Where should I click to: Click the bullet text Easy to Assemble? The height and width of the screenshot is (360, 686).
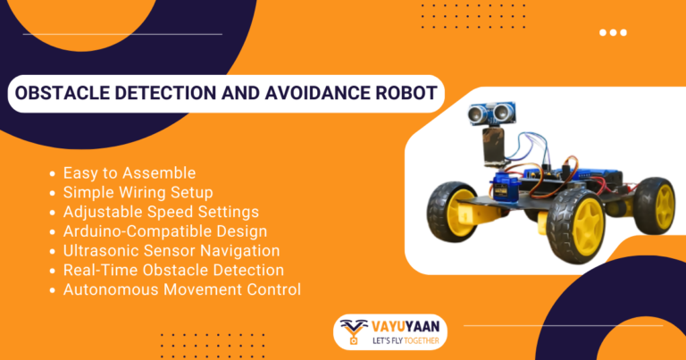coord(129,172)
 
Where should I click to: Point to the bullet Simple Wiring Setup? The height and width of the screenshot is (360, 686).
coord(138,192)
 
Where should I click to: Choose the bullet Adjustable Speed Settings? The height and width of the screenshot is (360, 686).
coord(161,212)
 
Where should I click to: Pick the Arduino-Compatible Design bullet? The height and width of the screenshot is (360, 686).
coord(164,231)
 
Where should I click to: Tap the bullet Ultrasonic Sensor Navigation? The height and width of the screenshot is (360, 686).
coord(171,251)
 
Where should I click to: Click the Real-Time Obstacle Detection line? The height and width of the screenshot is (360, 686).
coord(173,270)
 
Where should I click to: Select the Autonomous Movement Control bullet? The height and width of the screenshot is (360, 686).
coord(181,289)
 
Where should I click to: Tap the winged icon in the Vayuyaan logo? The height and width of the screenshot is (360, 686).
coord(355,329)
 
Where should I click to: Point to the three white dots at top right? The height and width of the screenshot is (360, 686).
coord(613,33)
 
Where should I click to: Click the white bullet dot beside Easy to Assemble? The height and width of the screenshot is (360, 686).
coord(54,172)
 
